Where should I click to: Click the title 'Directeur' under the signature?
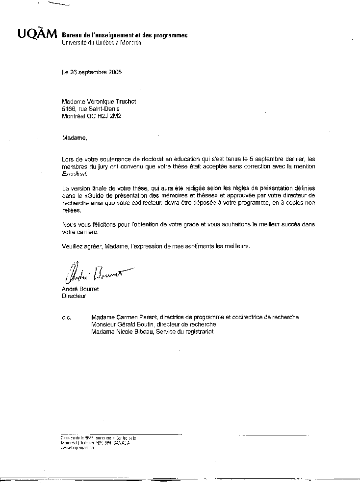point(74,297)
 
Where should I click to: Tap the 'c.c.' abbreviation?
point(66,318)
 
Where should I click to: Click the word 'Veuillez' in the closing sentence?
point(73,246)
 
